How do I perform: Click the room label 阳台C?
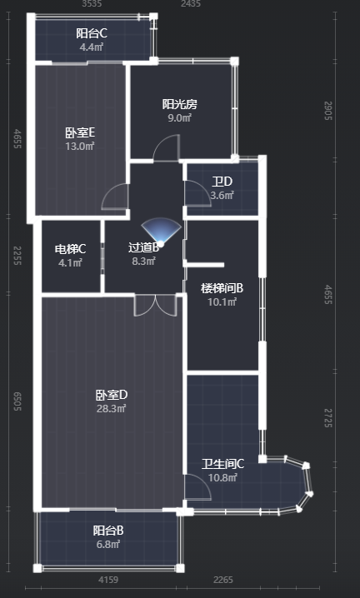pyautogui.click(x=92, y=33)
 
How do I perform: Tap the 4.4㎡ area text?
pyautogui.click(x=92, y=47)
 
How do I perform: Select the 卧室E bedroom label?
pyautogui.click(x=80, y=132)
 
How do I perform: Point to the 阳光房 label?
pyautogui.click(x=180, y=104)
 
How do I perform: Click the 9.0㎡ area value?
pyautogui.click(x=180, y=117)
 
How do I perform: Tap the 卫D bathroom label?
pyautogui.click(x=222, y=182)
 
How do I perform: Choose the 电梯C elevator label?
pyautogui.click(x=71, y=249)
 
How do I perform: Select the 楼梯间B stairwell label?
pyautogui.click(x=222, y=288)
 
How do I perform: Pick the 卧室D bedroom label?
pyautogui.click(x=112, y=395)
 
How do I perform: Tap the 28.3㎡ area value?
pyautogui.click(x=112, y=409)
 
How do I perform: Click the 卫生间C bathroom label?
pyautogui.click(x=223, y=464)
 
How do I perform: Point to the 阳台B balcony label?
pyautogui.click(x=108, y=531)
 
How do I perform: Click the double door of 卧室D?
pyautogui.click(x=155, y=305)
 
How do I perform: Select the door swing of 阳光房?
pyautogui.click(x=167, y=148)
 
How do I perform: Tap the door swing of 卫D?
pyautogui.click(x=197, y=193)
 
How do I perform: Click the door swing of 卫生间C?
pyautogui.click(x=197, y=486)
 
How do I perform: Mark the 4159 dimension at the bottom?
pyautogui.click(x=108, y=580)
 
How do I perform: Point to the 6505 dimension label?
pyautogui.click(x=17, y=401)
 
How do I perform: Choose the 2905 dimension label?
pyautogui.click(x=328, y=111)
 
